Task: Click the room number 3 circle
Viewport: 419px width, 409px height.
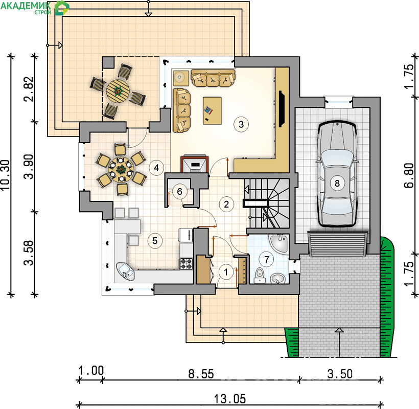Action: pyautogui.click(x=241, y=124)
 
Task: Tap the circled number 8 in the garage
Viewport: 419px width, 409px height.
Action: pyautogui.click(x=337, y=183)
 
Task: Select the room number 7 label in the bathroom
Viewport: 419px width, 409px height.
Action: pyautogui.click(x=266, y=259)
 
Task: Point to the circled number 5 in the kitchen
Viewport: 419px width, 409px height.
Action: pyautogui.click(x=155, y=241)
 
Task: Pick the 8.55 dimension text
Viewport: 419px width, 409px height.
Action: pyautogui.click(x=201, y=374)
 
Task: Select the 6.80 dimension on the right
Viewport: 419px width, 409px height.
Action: pyautogui.click(x=409, y=175)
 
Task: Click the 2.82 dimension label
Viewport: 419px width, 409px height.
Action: pyautogui.click(x=29, y=89)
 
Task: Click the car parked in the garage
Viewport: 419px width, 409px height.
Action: pyautogui.click(x=337, y=174)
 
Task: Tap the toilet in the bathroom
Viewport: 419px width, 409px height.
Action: pyautogui.click(x=259, y=276)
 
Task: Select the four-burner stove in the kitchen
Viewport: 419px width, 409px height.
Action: pyautogui.click(x=186, y=263)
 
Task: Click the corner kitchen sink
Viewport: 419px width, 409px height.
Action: pyautogui.click(x=125, y=271)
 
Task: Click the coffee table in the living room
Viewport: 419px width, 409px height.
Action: pyautogui.click(x=213, y=110)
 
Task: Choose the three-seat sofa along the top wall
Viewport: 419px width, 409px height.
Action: pyautogui.click(x=213, y=78)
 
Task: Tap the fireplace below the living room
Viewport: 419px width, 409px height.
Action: pyautogui.click(x=195, y=164)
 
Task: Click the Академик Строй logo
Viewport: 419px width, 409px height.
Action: pyautogui.click(x=35, y=8)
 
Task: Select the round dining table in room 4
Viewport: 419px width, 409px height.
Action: pyautogui.click(x=121, y=169)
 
